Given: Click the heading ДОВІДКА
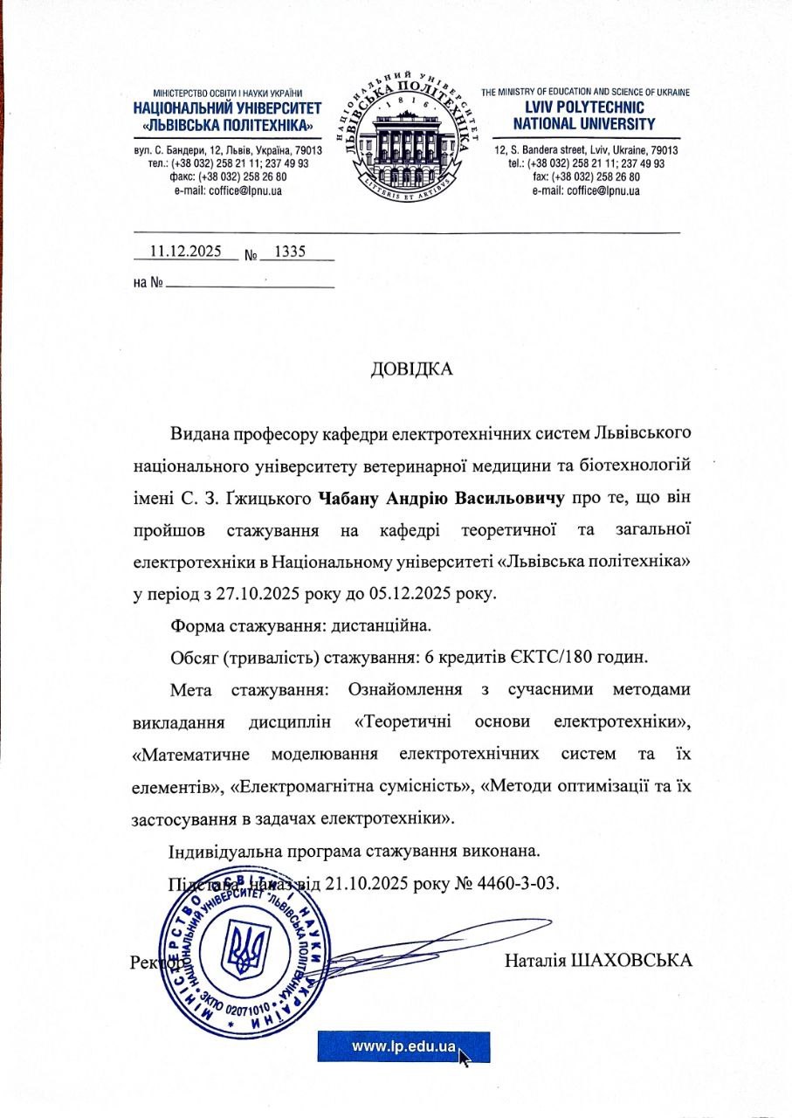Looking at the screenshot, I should (411, 369).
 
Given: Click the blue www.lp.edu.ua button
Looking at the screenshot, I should (403, 1046).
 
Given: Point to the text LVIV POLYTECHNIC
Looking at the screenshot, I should (584, 108).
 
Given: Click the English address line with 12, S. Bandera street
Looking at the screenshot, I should (586, 150).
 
